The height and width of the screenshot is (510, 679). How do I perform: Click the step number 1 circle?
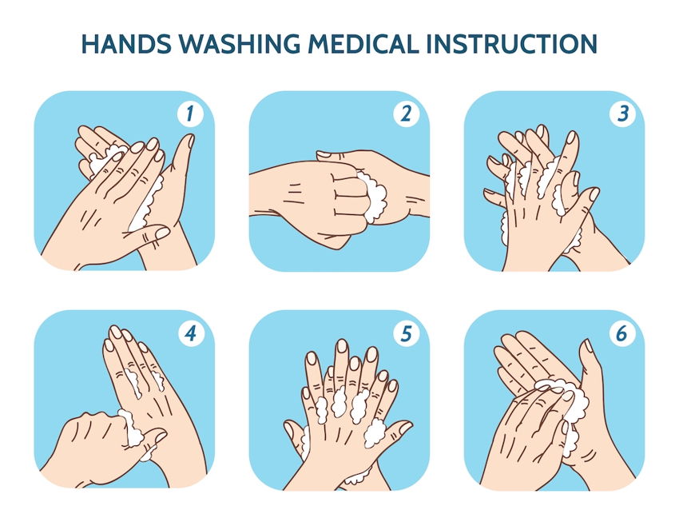pos(190,114)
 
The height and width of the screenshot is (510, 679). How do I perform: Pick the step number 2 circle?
pos(406,114)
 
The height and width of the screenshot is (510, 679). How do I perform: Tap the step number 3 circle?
pos(621,114)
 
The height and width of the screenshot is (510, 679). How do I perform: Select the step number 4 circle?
pos(190,333)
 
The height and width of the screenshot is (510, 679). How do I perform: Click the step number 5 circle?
pos(406,333)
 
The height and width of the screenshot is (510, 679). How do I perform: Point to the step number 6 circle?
pos(621,333)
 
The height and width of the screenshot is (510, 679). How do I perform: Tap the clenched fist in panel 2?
pos(328,196)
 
